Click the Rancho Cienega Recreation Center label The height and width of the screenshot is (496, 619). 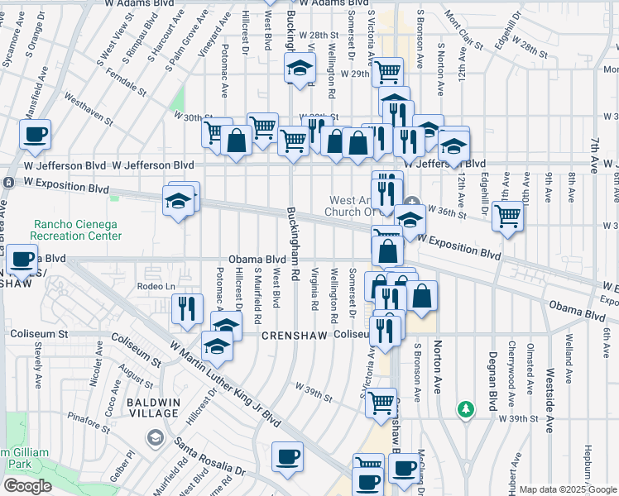coord(78,230)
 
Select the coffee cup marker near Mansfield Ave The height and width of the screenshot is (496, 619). coord(36,135)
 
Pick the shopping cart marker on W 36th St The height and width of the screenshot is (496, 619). coord(507,217)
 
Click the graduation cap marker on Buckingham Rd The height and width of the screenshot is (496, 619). coord(300,70)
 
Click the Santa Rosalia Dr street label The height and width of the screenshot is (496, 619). coord(210,461)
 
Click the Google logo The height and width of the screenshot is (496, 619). coord(26,486)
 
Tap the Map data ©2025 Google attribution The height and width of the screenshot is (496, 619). coord(567,489)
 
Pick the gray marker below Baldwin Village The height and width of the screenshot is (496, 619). coord(154,436)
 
